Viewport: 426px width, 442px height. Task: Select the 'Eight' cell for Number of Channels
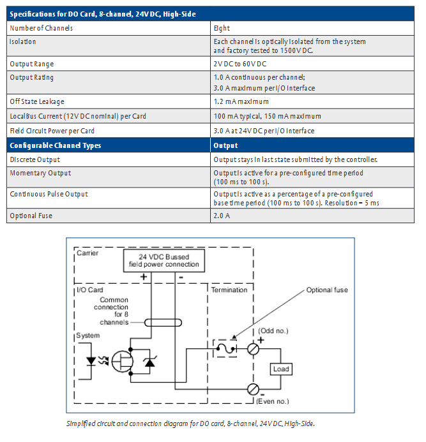point(222,28)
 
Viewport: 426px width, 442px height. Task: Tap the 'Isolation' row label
point(22,41)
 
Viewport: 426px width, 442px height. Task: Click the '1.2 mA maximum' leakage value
point(241,101)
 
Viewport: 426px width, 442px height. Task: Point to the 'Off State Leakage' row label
point(36,101)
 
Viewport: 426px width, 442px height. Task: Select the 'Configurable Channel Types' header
point(55,145)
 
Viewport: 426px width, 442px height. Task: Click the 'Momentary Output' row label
point(40,173)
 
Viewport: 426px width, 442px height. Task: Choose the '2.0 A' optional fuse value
point(222,216)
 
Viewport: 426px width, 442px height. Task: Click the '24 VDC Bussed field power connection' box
point(164,261)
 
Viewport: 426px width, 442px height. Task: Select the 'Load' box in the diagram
point(280,369)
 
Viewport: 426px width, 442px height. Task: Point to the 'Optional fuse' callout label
point(327,290)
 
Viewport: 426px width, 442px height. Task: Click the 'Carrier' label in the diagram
point(87,253)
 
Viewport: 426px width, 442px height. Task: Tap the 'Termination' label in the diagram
point(229,290)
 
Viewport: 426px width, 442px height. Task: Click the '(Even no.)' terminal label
point(273,400)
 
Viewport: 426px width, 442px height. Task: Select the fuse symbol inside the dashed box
point(224,349)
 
